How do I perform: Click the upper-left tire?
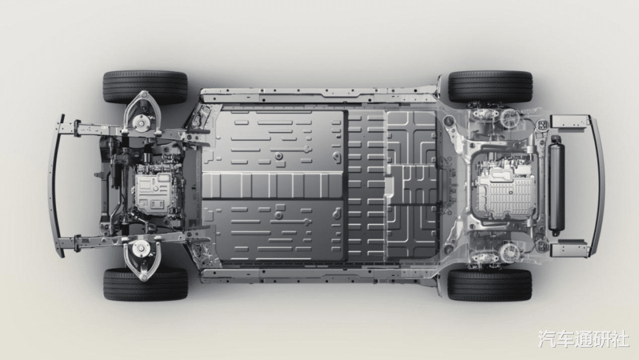pos(146,87)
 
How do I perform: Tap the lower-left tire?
pos(146,284)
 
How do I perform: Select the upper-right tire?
pos(490,87)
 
